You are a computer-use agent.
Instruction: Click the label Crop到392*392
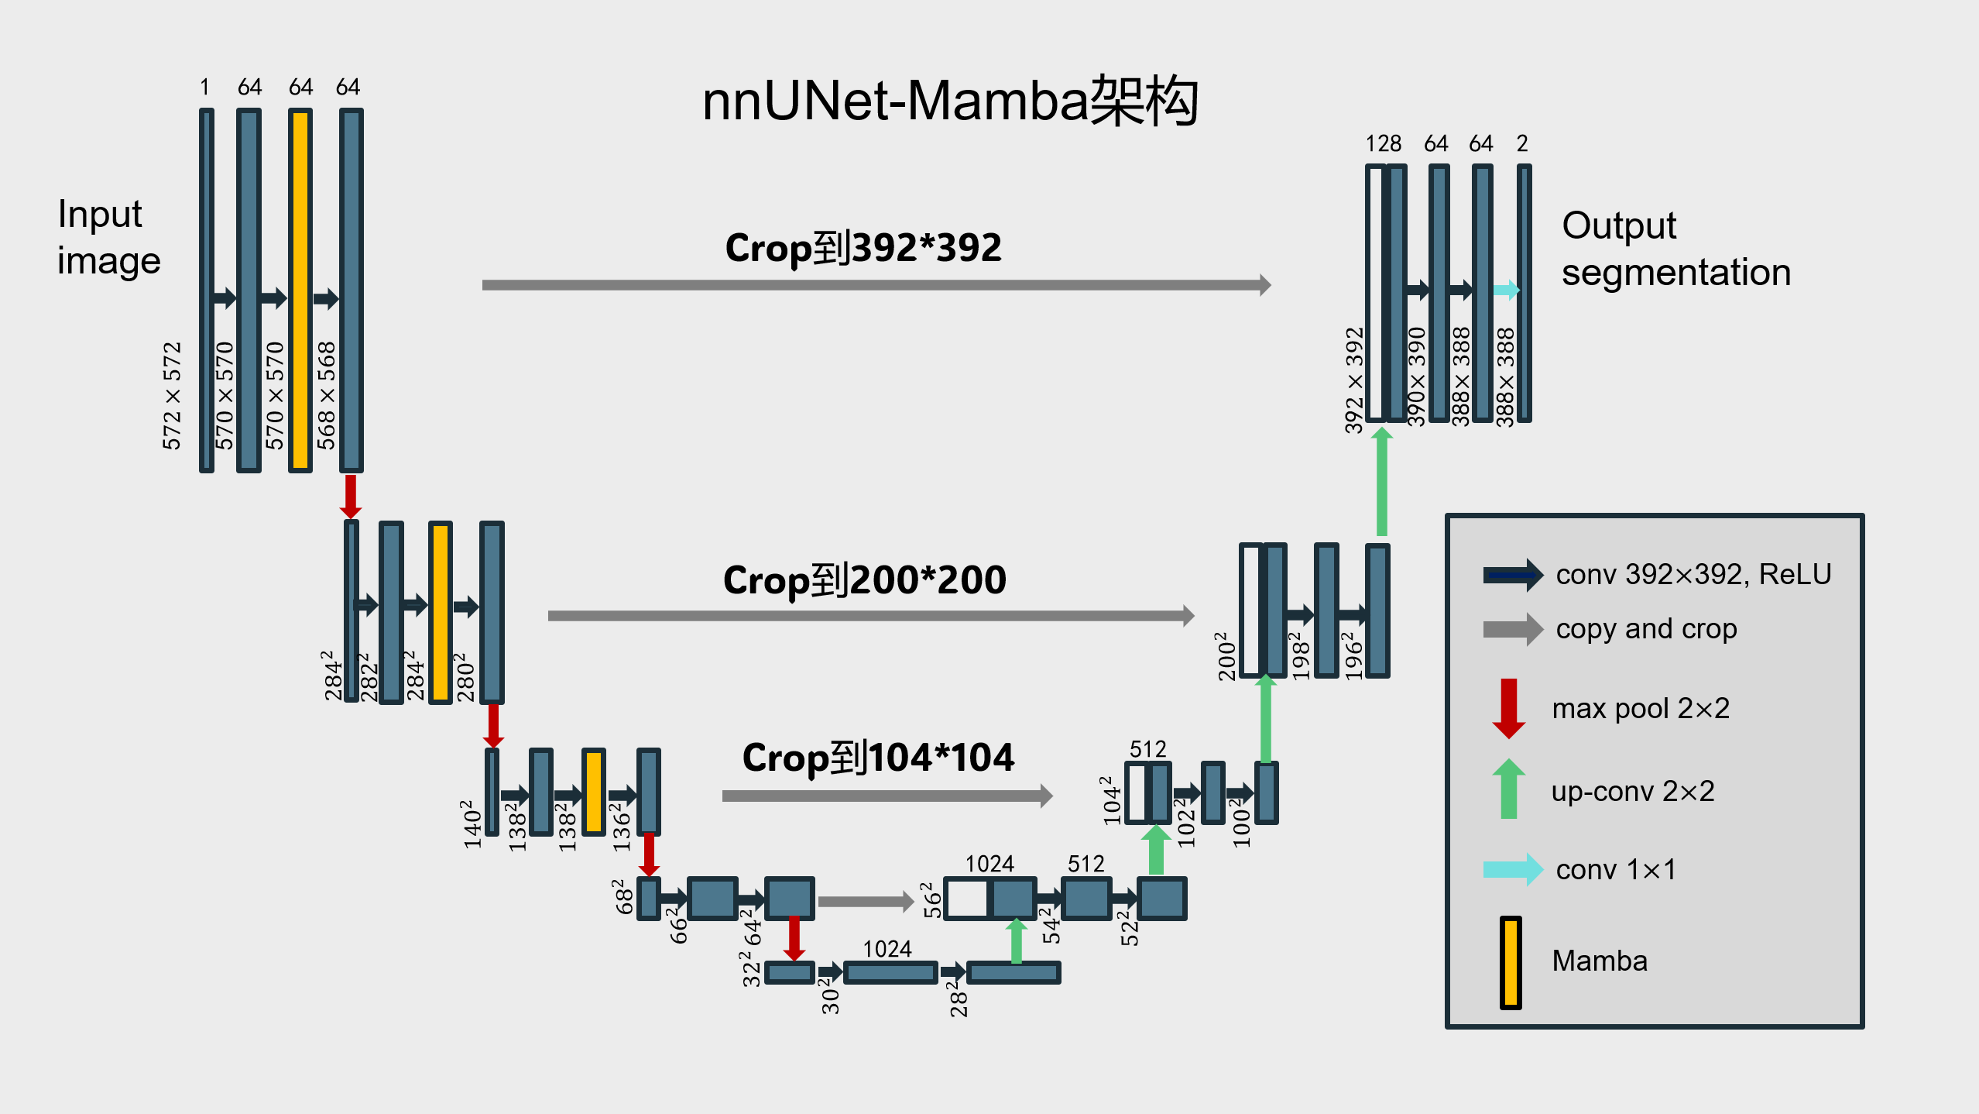[863, 248]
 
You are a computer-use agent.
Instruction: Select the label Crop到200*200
[864, 579]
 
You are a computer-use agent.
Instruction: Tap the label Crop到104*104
[878, 757]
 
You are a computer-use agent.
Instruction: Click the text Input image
[108, 237]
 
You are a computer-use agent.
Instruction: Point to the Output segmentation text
[1675, 249]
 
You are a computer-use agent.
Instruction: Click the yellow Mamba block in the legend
[1510, 962]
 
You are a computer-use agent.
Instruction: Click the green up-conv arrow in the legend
[1508, 789]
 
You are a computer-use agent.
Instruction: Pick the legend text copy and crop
[1646, 628]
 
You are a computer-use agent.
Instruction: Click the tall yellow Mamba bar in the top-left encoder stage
[300, 291]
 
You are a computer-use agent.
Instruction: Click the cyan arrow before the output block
[1506, 290]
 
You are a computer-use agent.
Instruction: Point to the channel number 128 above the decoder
[1383, 143]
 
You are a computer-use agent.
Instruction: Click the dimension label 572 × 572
[171, 395]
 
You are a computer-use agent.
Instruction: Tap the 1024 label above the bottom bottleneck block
[887, 948]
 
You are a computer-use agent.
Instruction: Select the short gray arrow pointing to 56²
[865, 901]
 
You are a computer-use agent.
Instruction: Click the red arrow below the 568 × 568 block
[351, 496]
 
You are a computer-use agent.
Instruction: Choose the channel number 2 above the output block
[1521, 143]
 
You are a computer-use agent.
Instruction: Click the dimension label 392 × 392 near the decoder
[1353, 380]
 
